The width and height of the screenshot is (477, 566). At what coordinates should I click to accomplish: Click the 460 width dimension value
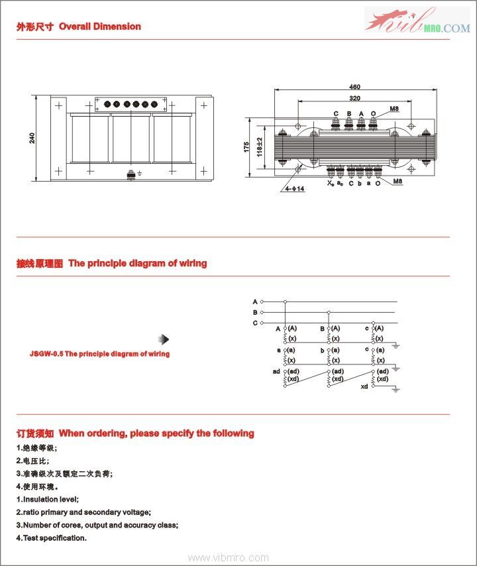[x=354, y=87]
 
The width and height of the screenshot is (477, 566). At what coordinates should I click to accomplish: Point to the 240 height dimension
[x=32, y=139]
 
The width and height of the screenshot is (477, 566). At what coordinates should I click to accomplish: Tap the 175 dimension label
[x=246, y=147]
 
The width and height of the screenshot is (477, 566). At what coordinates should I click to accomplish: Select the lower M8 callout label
[x=398, y=181]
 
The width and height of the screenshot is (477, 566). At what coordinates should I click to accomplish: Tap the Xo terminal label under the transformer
[x=330, y=183]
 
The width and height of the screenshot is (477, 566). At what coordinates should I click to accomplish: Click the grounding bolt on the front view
[x=131, y=176]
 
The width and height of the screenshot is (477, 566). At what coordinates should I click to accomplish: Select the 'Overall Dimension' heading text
[x=100, y=27]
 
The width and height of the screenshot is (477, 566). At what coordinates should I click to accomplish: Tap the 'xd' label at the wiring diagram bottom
[x=364, y=386]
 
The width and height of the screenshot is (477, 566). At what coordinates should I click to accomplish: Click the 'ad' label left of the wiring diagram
[x=276, y=371]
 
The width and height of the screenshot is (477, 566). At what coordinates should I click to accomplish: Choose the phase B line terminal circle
[x=262, y=312]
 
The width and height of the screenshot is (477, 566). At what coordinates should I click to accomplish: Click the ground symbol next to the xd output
[x=395, y=389]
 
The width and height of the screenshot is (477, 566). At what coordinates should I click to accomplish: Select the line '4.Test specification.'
[x=52, y=538]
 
